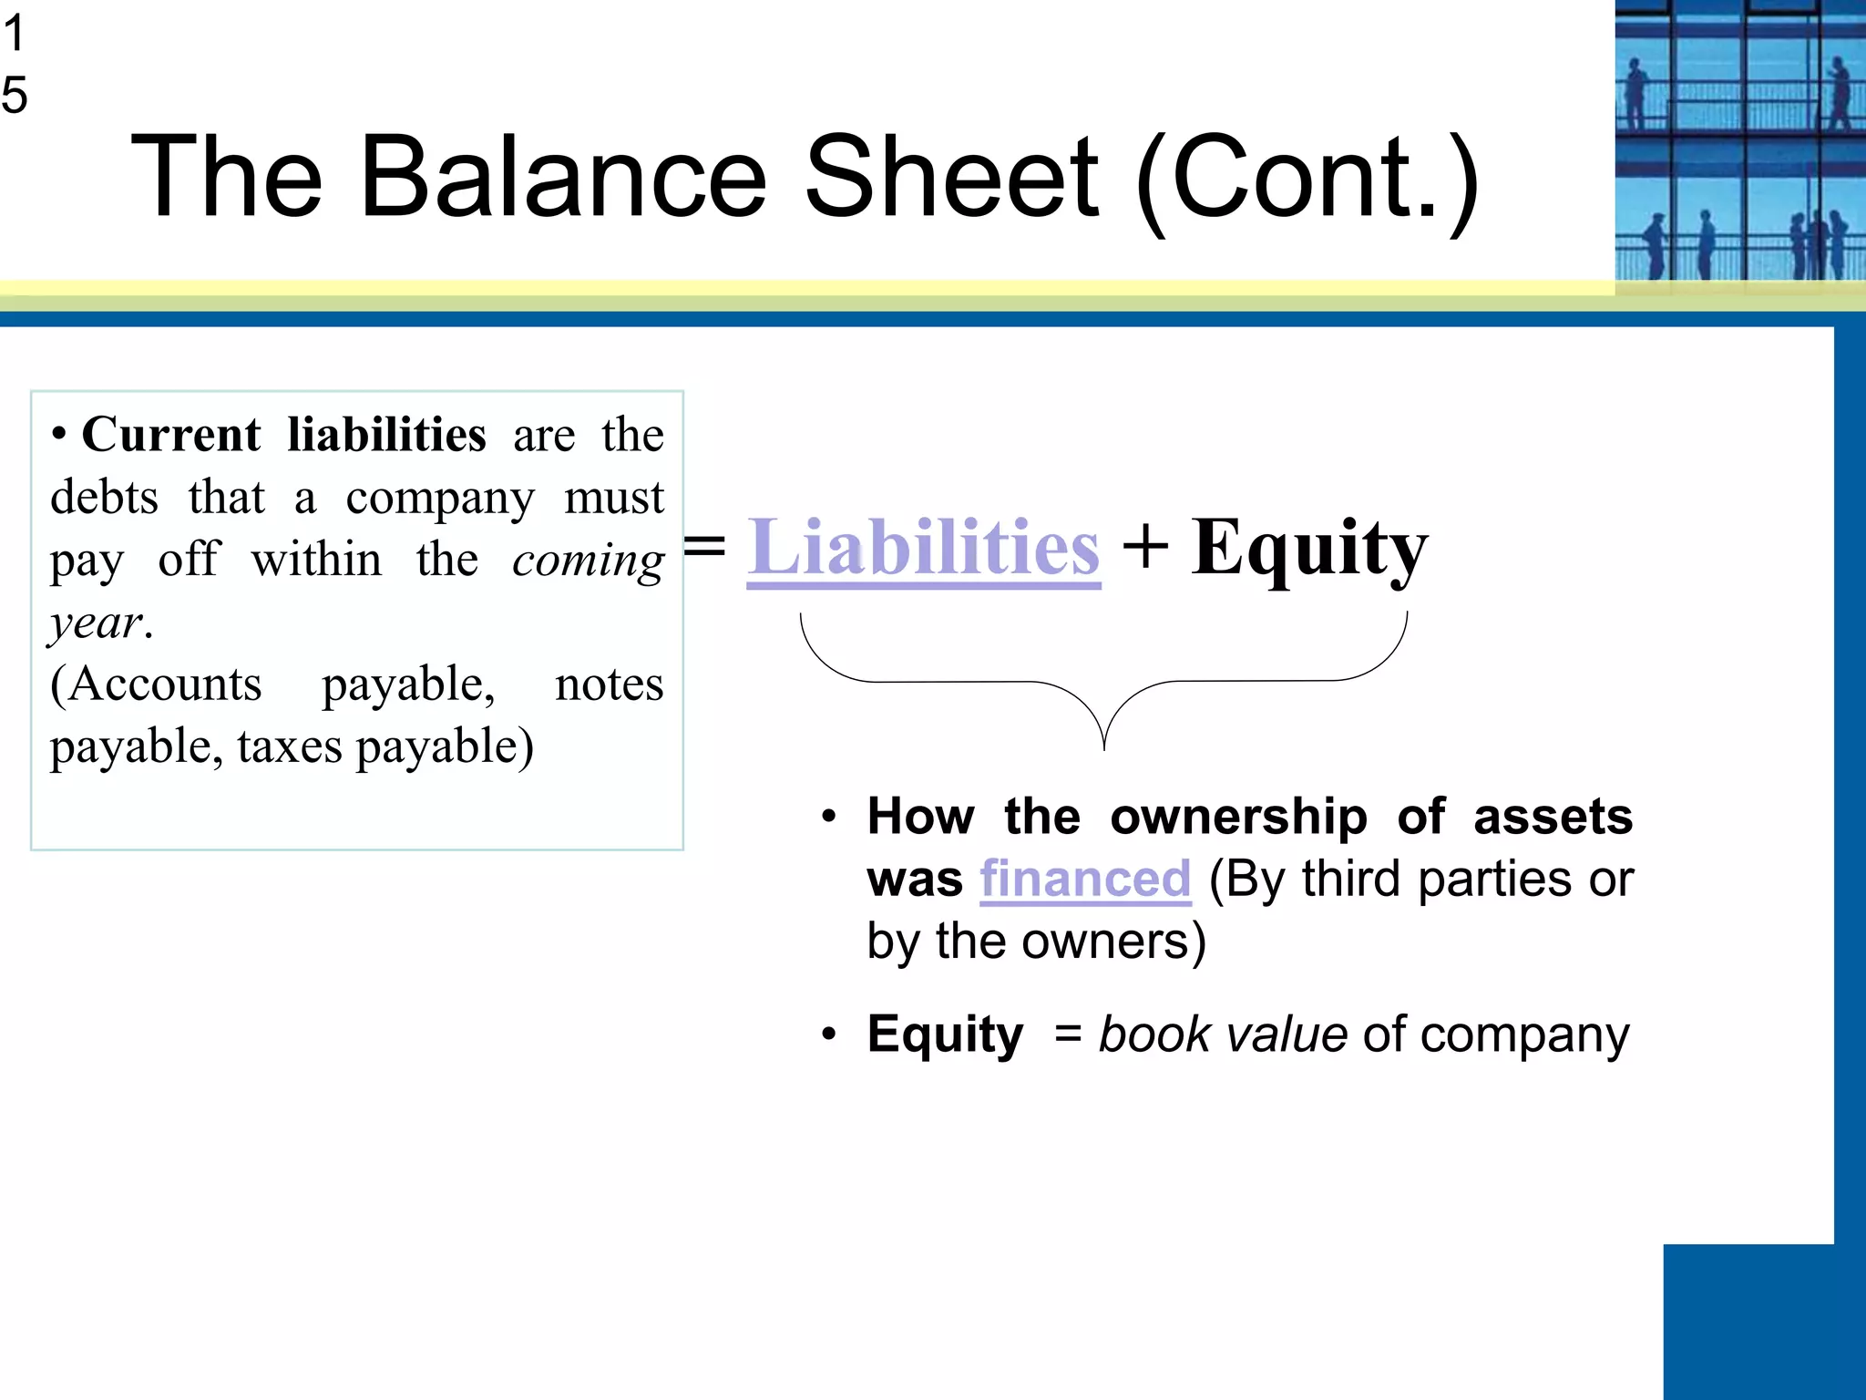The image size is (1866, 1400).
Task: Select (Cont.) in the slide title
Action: pyautogui.click(x=1308, y=179)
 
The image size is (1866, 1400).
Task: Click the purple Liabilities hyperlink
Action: pyautogui.click(x=923, y=549)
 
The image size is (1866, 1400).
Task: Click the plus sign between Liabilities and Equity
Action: pyautogui.click(x=1145, y=549)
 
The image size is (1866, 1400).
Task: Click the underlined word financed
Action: pyautogui.click(x=1085, y=880)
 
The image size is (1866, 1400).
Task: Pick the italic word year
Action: pyautogui.click(x=97, y=624)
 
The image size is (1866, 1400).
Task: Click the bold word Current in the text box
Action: pyautogui.click(x=171, y=435)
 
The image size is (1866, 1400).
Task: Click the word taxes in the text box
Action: pyautogui.click(x=290, y=746)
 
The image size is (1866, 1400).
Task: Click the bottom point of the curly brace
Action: pyautogui.click(x=1104, y=747)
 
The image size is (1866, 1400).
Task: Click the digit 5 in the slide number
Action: pyautogui.click(x=15, y=95)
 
